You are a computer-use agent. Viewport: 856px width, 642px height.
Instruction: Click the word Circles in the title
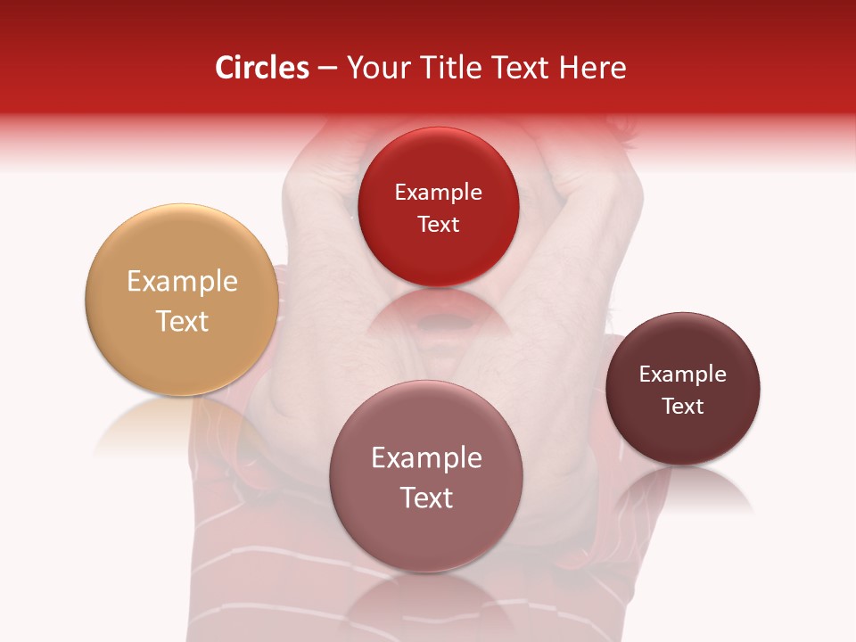pos(262,68)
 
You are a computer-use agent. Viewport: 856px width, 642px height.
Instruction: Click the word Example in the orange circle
pos(182,282)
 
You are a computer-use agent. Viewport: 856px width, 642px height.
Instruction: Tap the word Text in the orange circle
pos(182,321)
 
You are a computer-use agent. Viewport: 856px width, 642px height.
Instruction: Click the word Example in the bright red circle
pos(438,193)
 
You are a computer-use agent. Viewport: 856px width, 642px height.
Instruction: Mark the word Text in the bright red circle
pos(438,225)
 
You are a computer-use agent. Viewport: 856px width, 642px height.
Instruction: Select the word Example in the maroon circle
pos(683,374)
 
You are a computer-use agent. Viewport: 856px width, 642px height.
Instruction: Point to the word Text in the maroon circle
pos(683,407)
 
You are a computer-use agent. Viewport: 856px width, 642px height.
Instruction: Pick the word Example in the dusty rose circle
pos(426,458)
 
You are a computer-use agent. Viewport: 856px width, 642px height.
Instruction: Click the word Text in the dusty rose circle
pos(426,498)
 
